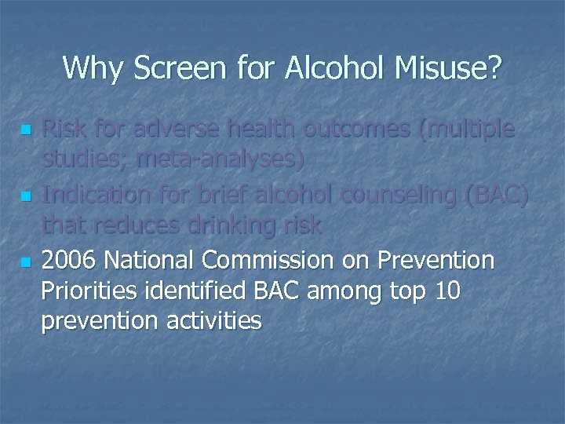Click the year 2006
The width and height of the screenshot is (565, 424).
coord(71,260)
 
